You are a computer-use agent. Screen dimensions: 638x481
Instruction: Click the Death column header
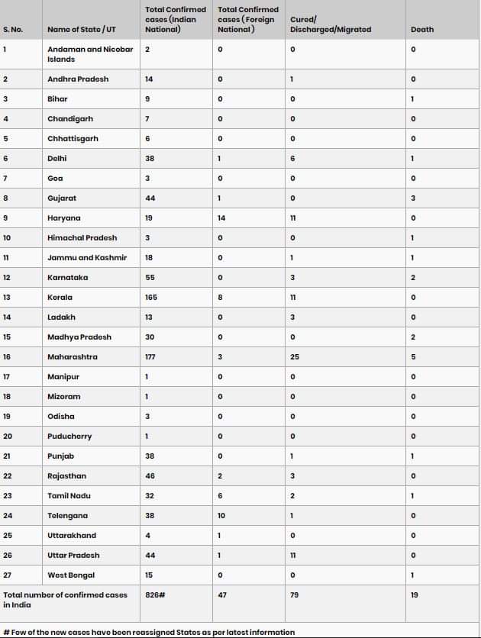pyautogui.click(x=421, y=30)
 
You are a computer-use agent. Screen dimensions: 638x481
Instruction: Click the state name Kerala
pyautogui.click(x=60, y=297)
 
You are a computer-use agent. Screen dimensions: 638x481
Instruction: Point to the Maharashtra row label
pyautogui.click(x=72, y=356)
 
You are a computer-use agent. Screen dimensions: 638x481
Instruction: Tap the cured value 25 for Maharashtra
pyautogui.click(x=295, y=356)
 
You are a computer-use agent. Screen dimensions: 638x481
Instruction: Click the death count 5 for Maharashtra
pyautogui.click(x=413, y=356)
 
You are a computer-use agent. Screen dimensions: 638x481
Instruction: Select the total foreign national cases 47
pyautogui.click(x=222, y=594)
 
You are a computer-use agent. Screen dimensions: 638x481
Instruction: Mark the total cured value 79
pyautogui.click(x=295, y=594)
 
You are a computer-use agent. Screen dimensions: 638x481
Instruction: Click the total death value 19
pyautogui.click(x=415, y=594)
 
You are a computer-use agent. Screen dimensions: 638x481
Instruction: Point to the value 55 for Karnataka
pyautogui.click(x=150, y=277)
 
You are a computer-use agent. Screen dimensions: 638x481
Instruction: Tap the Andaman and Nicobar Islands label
pyautogui.click(x=89, y=54)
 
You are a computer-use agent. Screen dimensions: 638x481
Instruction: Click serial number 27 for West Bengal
pyautogui.click(x=8, y=575)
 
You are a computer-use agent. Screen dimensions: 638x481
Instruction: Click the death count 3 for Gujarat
pyautogui.click(x=413, y=198)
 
